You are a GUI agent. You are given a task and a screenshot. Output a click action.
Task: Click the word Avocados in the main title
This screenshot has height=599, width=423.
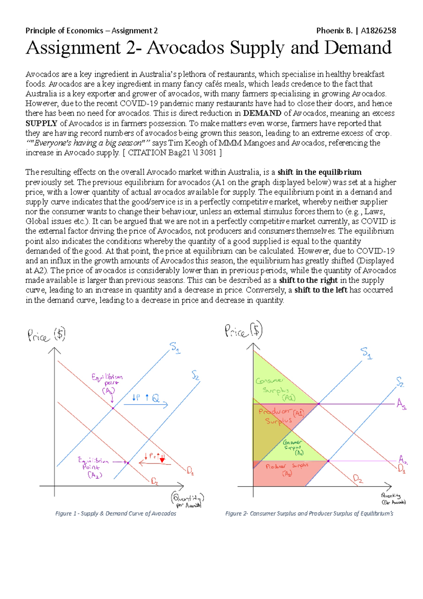185,48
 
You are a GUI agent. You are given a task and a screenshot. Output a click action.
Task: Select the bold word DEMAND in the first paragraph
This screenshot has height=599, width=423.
262,113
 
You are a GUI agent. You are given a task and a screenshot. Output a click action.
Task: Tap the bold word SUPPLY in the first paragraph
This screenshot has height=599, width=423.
41,123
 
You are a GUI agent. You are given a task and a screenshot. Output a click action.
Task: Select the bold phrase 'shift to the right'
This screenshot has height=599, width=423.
308,280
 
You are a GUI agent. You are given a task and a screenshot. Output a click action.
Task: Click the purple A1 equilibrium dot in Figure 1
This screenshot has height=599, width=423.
113,408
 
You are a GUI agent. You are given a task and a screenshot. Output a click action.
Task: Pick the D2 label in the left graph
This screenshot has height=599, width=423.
154,481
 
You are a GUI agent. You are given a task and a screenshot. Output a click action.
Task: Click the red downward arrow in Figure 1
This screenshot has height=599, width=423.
162,459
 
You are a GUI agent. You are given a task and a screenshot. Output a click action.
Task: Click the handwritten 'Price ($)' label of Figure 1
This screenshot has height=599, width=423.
46,335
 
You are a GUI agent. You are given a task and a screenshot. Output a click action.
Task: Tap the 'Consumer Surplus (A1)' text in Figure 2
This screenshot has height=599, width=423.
277,389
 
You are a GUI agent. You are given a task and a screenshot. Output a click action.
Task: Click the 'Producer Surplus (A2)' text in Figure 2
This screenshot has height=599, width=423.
287,470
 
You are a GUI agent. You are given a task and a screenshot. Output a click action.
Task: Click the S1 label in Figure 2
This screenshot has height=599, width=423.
366,352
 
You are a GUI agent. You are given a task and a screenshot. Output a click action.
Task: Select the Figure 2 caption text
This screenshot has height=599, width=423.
309,514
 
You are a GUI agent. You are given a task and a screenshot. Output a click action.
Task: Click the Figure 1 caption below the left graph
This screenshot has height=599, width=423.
116,514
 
